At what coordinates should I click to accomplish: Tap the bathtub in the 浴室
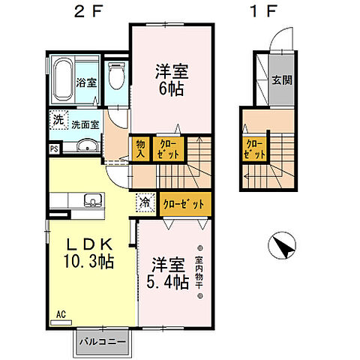pyautogui.click(x=64, y=82)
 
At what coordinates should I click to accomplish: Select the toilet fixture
pyautogui.click(x=115, y=78)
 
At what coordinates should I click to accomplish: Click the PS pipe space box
pyautogui.click(x=54, y=148)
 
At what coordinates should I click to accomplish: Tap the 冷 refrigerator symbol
pyautogui.click(x=145, y=202)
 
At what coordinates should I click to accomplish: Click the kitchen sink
pyautogui.click(x=93, y=199)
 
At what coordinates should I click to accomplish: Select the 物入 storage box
pyautogui.click(x=139, y=148)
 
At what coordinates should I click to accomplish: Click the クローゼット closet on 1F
pyautogui.click(x=255, y=149)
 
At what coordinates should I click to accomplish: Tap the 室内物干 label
pyautogui.click(x=199, y=271)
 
